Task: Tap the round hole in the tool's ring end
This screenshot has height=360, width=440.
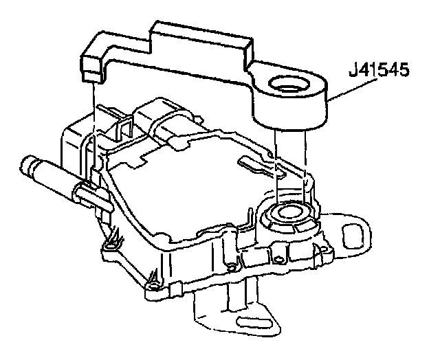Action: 287,86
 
